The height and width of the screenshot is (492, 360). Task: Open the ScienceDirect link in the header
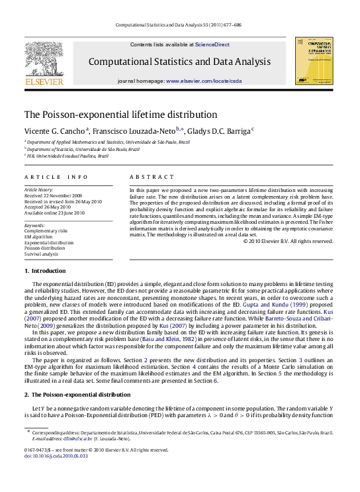(212, 44)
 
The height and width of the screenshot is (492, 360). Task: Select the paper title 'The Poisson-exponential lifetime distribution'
(120, 114)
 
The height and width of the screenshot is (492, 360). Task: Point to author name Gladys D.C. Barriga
(212, 132)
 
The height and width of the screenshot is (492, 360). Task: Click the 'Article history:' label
(40, 189)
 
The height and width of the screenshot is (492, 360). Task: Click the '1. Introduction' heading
(47, 271)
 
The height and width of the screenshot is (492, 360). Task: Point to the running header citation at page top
(179, 25)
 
